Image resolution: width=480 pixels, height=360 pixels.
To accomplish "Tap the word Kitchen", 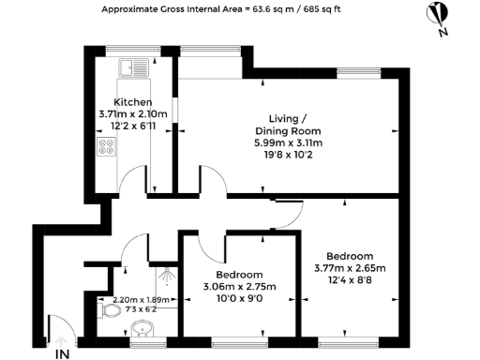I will click(x=132, y=101).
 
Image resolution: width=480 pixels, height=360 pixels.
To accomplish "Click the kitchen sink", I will click(x=129, y=68).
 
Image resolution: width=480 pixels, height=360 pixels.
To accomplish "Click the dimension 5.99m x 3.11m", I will click(x=290, y=143).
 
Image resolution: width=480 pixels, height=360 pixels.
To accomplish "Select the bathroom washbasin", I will click(x=142, y=329).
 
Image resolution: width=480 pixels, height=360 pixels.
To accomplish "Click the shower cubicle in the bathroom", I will click(x=166, y=277).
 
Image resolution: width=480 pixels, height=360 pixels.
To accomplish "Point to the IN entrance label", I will click(x=62, y=353).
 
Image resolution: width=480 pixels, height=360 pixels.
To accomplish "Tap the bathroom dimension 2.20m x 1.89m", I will click(x=130, y=299).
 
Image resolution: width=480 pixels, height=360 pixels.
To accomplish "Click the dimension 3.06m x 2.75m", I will click(x=237, y=287).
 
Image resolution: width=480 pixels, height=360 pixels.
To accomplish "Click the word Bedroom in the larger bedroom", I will click(x=350, y=256).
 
